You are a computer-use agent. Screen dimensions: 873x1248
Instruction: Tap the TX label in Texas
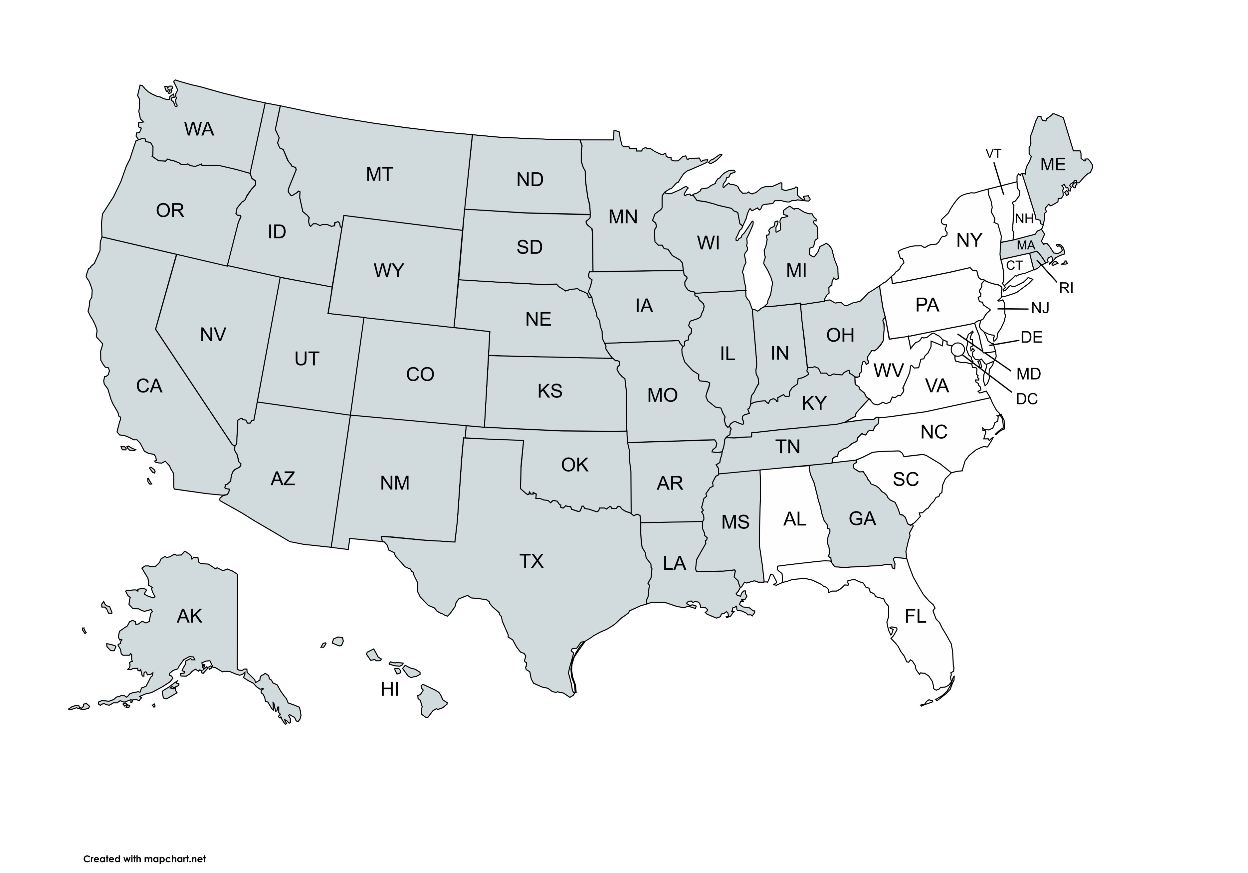[x=531, y=561]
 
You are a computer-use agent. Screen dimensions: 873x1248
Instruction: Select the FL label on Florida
[x=915, y=617]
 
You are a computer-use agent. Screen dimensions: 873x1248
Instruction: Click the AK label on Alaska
[x=189, y=616]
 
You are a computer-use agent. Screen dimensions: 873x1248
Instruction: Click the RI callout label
[x=1066, y=288]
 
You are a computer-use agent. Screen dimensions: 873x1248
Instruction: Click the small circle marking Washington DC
[x=958, y=349]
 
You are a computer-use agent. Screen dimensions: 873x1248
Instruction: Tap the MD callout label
[x=1028, y=374]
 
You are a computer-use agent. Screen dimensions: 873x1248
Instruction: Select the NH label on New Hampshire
[x=1024, y=219]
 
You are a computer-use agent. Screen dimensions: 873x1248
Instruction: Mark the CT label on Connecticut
[x=1014, y=266]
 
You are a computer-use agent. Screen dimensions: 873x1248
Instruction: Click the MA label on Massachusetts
[x=1026, y=245]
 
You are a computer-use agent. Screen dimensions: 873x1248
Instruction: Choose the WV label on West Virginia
[x=888, y=371]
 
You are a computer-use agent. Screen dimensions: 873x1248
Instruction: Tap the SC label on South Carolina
[x=906, y=479]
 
